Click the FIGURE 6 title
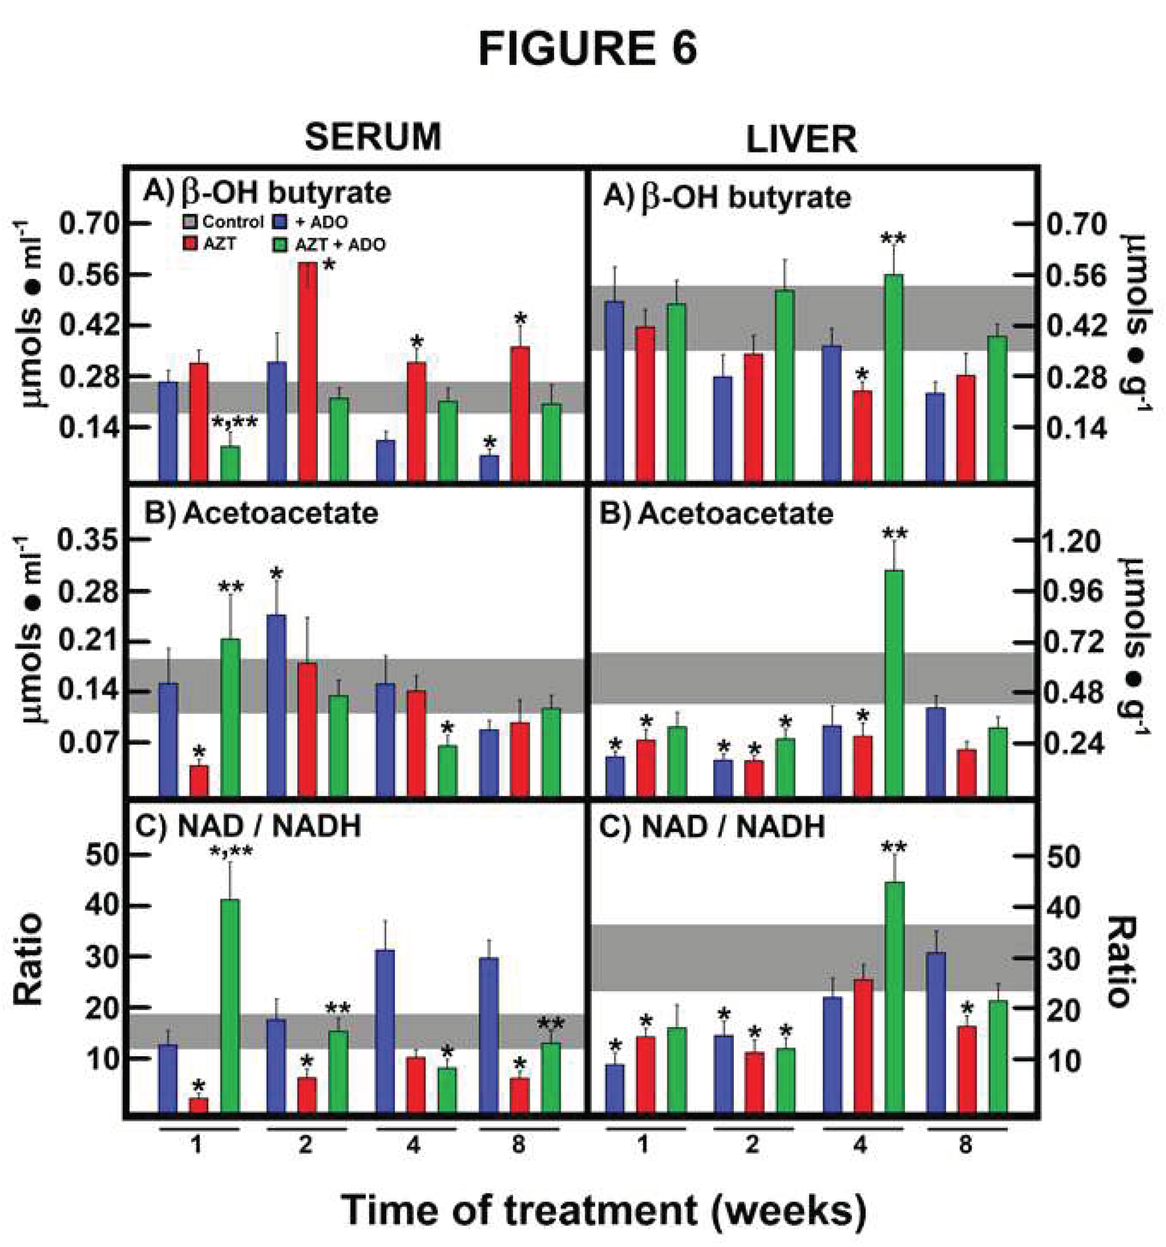(x=587, y=50)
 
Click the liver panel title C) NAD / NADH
(x=712, y=828)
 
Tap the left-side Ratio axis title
(x=28, y=959)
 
